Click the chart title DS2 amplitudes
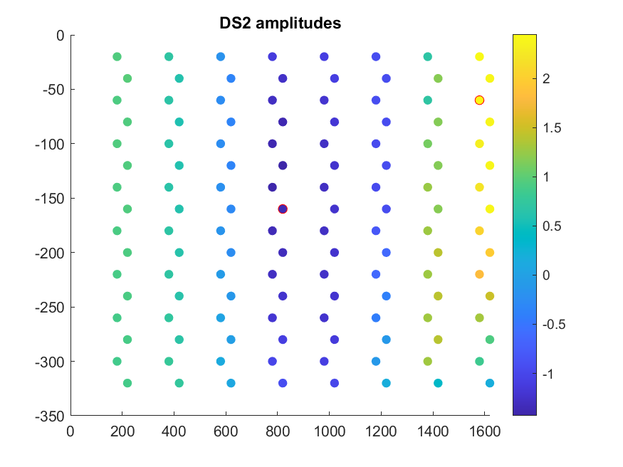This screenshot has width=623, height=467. [x=281, y=23]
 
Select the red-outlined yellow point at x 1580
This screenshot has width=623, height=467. [x=479, y=100]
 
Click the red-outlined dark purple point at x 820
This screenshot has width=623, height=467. [x=283, y=209]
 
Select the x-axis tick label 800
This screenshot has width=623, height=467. [x=277, y=431]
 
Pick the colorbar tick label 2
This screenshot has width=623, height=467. [x=546, y=79]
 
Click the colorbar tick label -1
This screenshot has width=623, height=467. [x=548, y=374]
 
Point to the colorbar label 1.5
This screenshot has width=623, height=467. [x=551, y=128]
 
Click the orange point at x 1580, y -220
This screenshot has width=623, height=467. [x=479, y=274]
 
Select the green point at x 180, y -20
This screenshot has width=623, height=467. [x=117, y=56]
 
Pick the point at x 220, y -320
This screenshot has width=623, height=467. [x=127, y=383]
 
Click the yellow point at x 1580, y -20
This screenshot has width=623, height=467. [x=479, y=56]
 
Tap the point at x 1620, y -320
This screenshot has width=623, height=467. [x=490, y=383]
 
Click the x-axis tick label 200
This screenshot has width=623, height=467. [x=122, y=431]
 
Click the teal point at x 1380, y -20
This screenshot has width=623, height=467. [x=427, y=56]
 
